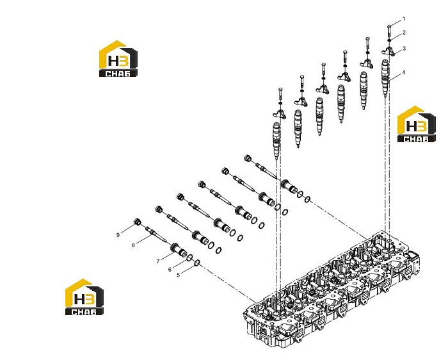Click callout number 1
pyautogui.click(x=404, y=19)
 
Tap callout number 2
pyautogui.click(x=404, y=33)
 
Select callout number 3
pyautogui.click(x=404, y=49)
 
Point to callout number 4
pyautogui.click(x=403, y=72)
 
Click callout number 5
pyautogui.click(x=179, y=275)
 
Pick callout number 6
pyautogui.click(x=170, y=270)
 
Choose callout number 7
pyautogui.click(x=157, y=261)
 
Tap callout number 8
pyautogui.click(x=133, y=245)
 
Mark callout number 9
pyautogui.click(x=118, y=235)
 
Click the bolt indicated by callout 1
pyautogui.click(x=389, y=31)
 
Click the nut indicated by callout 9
pyautogui.click(x=138, y=222)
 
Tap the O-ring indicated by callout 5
pyautogui.click(x=197, y=263)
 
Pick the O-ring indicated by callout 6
pyautogui.click(x=189, y=258)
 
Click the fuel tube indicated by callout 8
pyautogui.click(x=156, y=234)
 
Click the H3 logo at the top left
pyautogui.click(x=118, y=59)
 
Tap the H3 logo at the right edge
pyautogui.click(x=417, y=124)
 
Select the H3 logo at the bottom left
pyautogui.click(x=84, y=297)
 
